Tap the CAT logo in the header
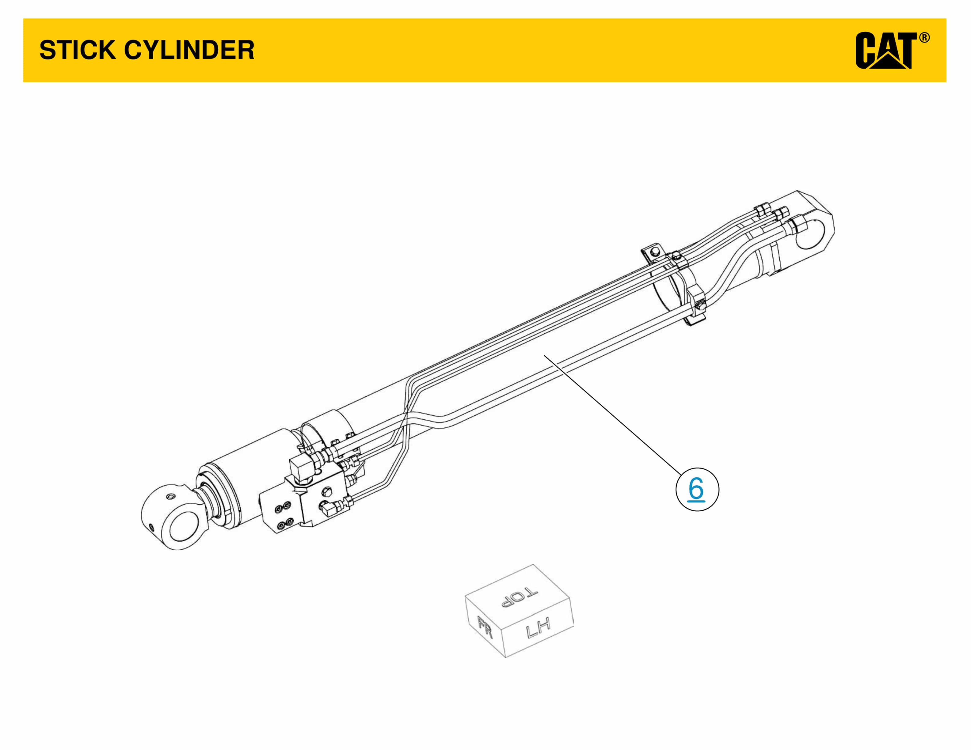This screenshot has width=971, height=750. (885, 51)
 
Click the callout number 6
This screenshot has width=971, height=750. (697, 489)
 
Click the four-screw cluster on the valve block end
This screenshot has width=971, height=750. (284, 515)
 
